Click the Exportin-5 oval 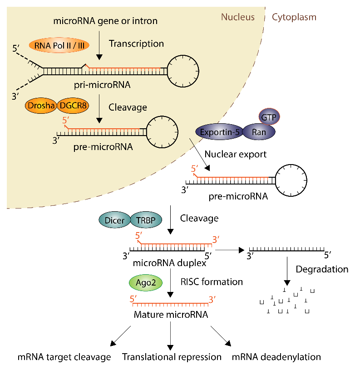click(x=218, y=132)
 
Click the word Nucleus click(x=237, y=17)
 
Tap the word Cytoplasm click(x=294, y=17)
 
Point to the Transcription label click(x=136, y=44)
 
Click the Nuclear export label click(x=235, y=154)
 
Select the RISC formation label click(x=212, y=282)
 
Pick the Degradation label click(x=322, y=269)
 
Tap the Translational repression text click(x=172, y=357)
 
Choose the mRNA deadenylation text click(x=276, y=357)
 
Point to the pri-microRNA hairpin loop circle click(x=181, y=70)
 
